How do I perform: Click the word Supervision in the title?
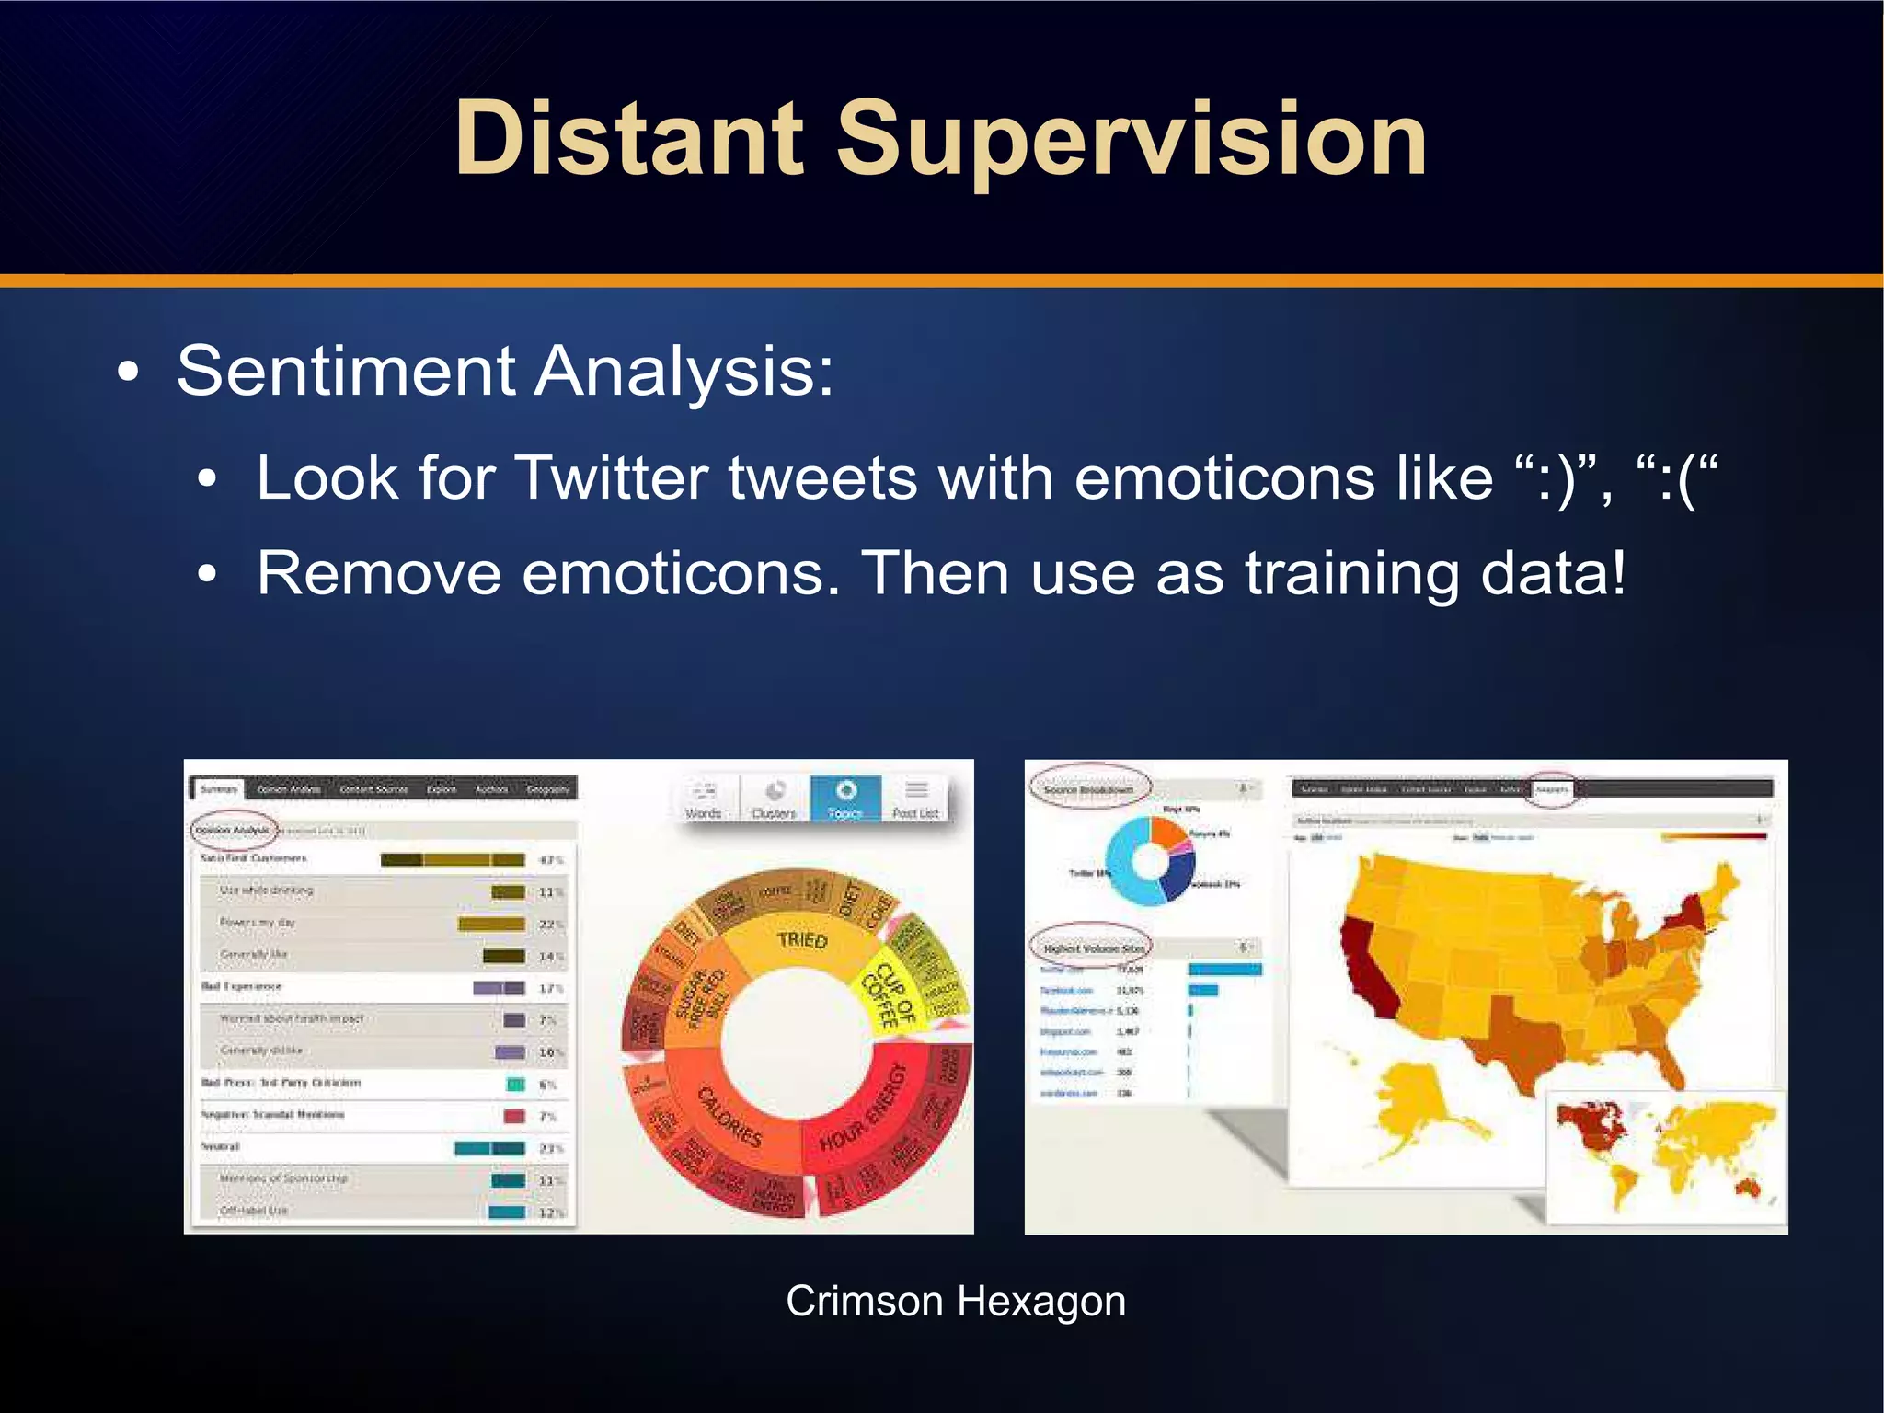(x=1132, y=140)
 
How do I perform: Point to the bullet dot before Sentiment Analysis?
(x=129, y=373)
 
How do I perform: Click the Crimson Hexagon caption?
(x=955, y=1301)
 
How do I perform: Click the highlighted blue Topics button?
(x=844, y=798)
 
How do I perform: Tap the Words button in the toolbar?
(x=704, y=798)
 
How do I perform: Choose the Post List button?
(x=914, y=798)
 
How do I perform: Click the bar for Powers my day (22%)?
(x=491, y=924)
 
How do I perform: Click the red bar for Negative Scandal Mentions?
(x=514, y=1116)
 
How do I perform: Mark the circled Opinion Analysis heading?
(x=233, y=830)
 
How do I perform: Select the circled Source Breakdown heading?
(x=1088, y=789)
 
